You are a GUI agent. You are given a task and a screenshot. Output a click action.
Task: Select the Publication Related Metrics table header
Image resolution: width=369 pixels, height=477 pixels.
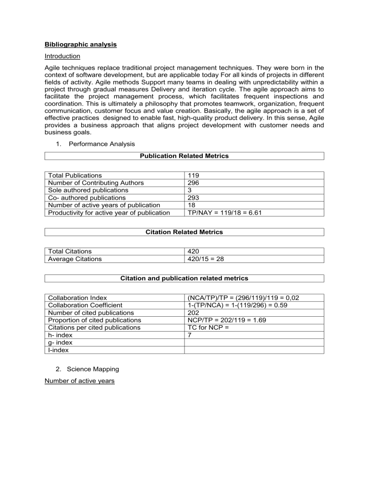point(184,156)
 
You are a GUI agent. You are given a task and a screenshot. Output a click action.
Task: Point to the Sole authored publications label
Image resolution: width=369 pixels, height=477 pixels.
point(86,190)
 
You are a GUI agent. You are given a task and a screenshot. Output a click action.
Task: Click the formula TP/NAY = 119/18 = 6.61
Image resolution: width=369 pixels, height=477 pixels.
point(224,212)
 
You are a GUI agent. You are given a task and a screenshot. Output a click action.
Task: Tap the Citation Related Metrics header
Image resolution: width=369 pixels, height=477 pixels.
point(184,232)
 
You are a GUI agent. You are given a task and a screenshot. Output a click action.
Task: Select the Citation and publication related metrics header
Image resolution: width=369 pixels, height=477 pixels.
point(184,278)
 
